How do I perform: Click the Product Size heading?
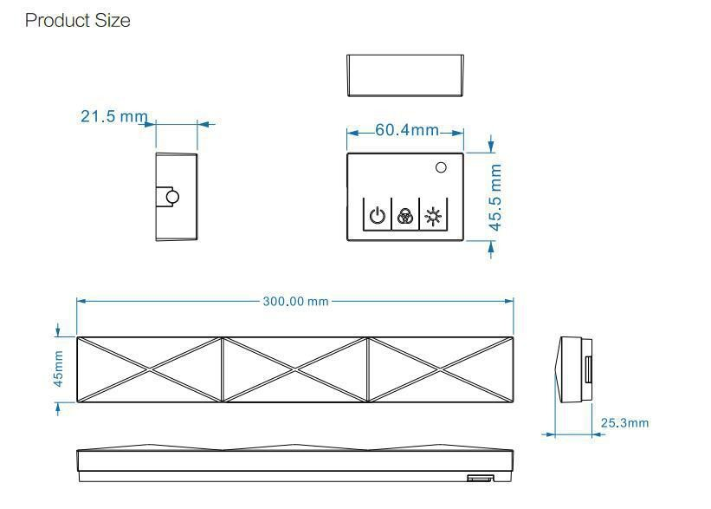[78, 21]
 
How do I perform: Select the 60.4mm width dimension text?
[406, 130]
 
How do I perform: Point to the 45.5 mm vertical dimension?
[495, 197]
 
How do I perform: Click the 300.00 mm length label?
[295, 301]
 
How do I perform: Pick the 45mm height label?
[58, 369]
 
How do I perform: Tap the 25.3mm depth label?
[624, 423]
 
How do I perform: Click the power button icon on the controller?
[377, 216]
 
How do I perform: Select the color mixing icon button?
[404, 216]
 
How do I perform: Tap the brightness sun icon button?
[431, 216]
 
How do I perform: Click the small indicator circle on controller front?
[440, 167]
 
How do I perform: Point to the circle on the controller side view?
[172, 197]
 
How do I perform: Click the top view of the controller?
[405, 75]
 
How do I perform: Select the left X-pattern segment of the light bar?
[149, 369]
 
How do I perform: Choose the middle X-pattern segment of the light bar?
[295, 369]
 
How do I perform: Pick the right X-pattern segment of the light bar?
[441, 369]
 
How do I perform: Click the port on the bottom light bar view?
[477, 478]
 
